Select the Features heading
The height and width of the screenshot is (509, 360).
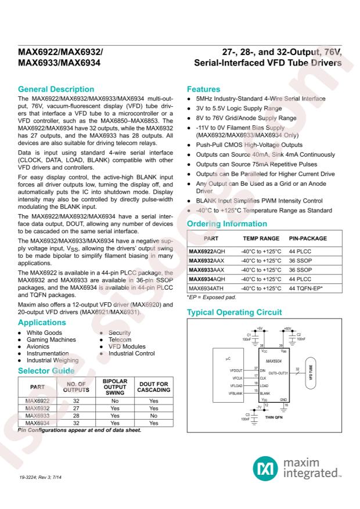(204, 89)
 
